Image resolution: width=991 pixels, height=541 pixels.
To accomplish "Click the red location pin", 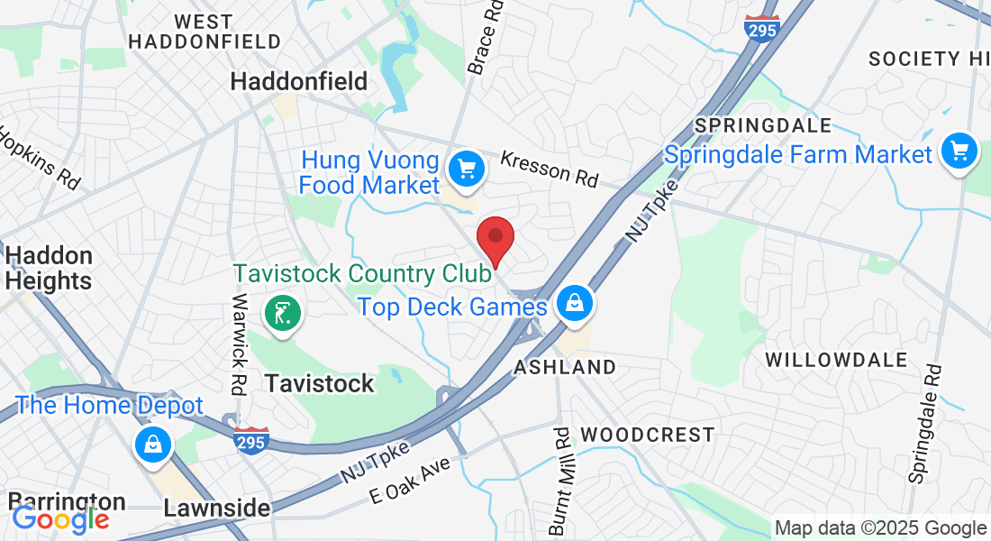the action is pyautogui.click(x=495, y=238).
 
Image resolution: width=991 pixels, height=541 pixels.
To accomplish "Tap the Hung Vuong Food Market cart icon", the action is pyautogui.click(x=467, y=168).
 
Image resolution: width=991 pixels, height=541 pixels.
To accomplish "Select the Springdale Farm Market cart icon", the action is pyautogui.click(x=959, y=151).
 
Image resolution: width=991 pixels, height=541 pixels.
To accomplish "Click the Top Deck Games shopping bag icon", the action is pyautogui.click(x=573, y=304).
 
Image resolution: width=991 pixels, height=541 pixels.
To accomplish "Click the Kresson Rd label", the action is pyautogui.click(x=549, y=169).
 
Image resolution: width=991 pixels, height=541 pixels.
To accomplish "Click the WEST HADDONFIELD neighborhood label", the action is pyautogui.click(x=205, y=32).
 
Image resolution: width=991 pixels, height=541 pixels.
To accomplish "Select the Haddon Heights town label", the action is pyautogui.click(x=49, y=269).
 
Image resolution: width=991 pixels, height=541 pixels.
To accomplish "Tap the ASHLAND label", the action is pyautogui.click(x=565, y=367).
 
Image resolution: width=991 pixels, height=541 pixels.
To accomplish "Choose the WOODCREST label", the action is pyautogui.click(x=648, y=436).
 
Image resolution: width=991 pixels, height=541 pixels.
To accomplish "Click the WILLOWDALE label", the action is pyautogui.click(x=836, y=361).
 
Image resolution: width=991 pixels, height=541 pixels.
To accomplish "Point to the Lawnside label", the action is pyautogui.click(x=216, y=509).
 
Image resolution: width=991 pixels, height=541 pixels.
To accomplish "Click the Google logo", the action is pyautogui.click(x=60, y=519).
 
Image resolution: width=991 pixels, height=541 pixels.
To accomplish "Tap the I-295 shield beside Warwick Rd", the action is pyautogui.click(x=251, y=440).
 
